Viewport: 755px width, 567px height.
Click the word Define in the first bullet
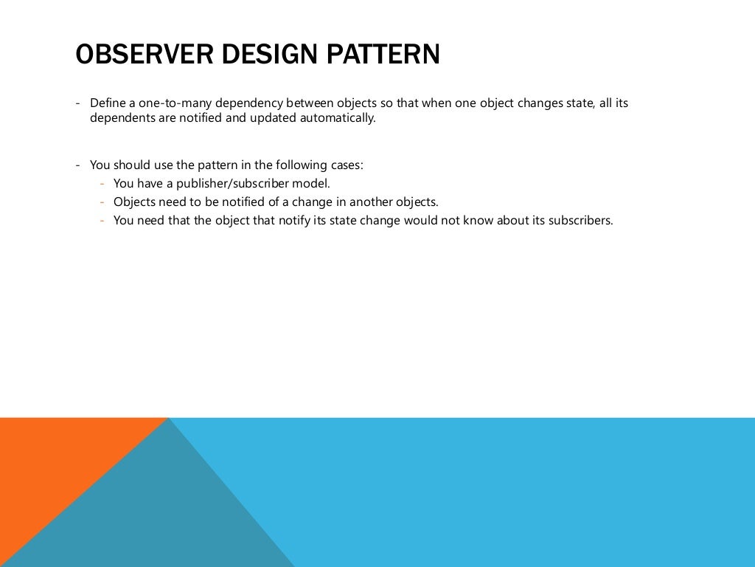click(x=107, y=103)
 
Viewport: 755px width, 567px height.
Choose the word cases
click(x=347, y=165)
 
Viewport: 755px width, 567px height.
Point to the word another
click(x=372, y=202)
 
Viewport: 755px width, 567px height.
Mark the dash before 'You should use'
click(x=78, y=165)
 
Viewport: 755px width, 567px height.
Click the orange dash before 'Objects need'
click(x=102, y=202)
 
